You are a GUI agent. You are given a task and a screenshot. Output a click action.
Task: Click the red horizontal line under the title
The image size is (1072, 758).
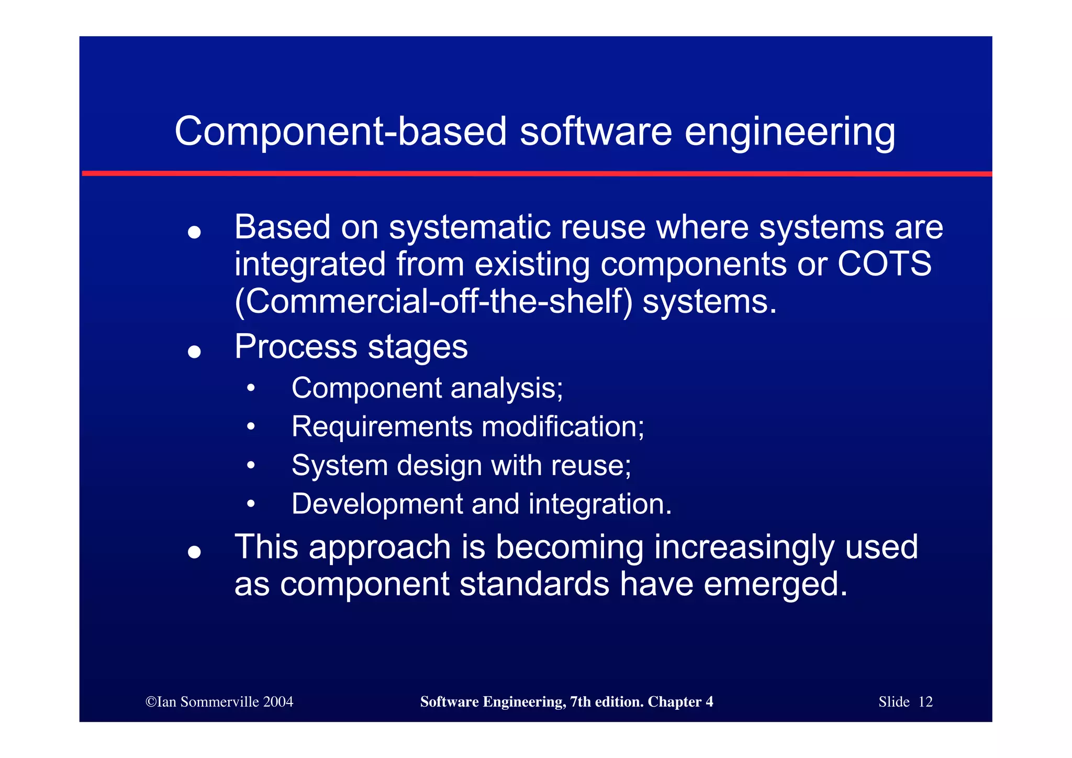pos(536,173)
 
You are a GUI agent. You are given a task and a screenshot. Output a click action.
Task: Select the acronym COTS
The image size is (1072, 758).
pos(884,263)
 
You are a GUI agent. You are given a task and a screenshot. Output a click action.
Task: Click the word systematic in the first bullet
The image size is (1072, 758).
pos(470,227)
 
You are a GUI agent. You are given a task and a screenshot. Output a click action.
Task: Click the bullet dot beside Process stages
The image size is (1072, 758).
pos(194,351)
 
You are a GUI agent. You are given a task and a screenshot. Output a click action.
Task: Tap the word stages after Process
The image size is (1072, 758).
pos(417,347)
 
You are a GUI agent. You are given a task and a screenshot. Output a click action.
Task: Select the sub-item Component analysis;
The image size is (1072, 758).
pos(427,389)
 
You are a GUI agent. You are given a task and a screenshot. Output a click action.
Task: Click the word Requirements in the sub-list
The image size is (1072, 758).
pos(382,426)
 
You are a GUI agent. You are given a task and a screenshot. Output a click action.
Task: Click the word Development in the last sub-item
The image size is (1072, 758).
pos(376,504)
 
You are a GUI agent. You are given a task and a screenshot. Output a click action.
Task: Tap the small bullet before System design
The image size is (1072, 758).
pos(251,465)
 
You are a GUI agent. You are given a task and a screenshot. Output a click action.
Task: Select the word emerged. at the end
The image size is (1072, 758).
pos(775,585)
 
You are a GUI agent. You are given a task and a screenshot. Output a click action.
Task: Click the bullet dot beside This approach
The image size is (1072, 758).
pos(194,552)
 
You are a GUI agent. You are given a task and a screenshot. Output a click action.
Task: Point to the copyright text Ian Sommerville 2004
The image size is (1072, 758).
pos(219,702)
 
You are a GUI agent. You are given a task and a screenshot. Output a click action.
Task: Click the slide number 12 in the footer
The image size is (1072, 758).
pos(925,702)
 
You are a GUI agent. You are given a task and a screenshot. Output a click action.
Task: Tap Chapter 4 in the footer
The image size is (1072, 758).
pos(680,702)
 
